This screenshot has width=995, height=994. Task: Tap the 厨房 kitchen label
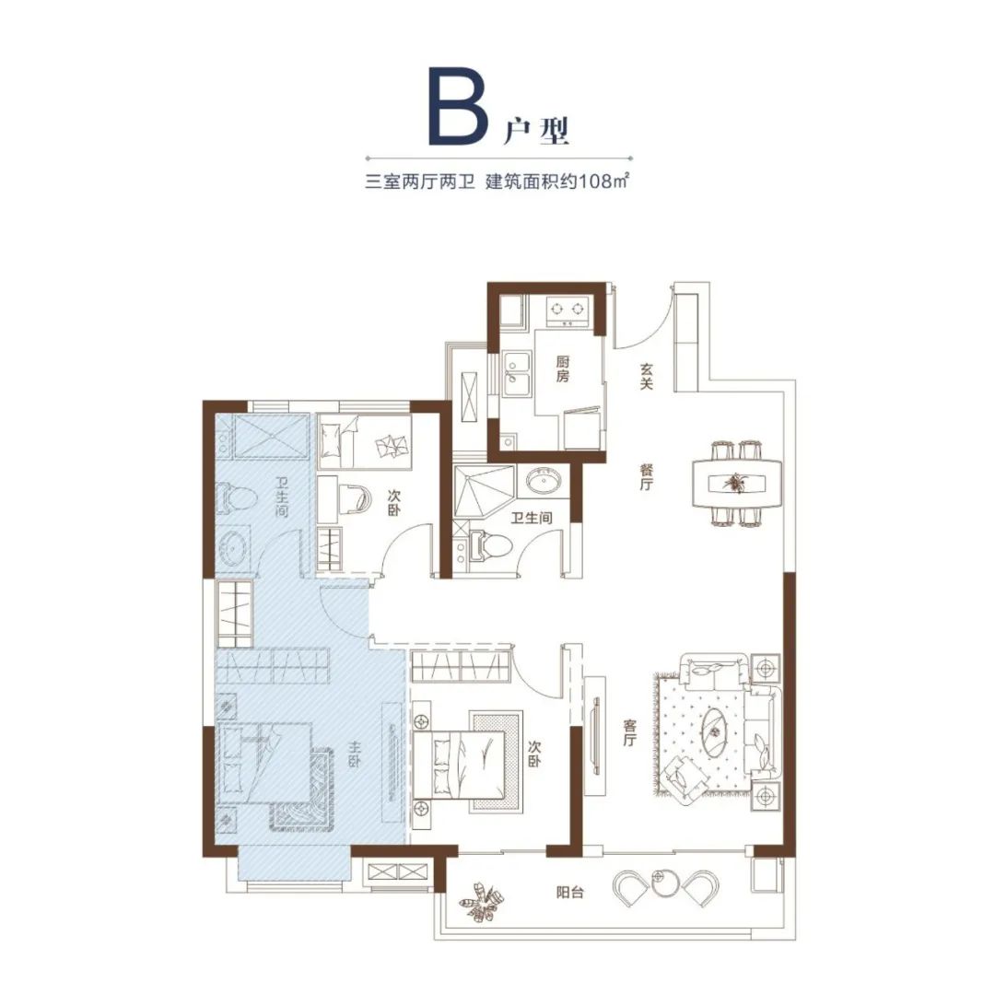pos(563,368)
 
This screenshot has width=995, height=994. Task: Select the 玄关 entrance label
pos(646,376)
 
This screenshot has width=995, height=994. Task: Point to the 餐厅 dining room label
pos(646,476)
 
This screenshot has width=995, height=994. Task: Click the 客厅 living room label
pos(629,732)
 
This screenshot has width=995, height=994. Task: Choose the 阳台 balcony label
pos(569,893)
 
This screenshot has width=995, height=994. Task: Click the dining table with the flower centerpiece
pos(737,483)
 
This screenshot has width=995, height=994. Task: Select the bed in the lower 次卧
pos(468,763)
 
